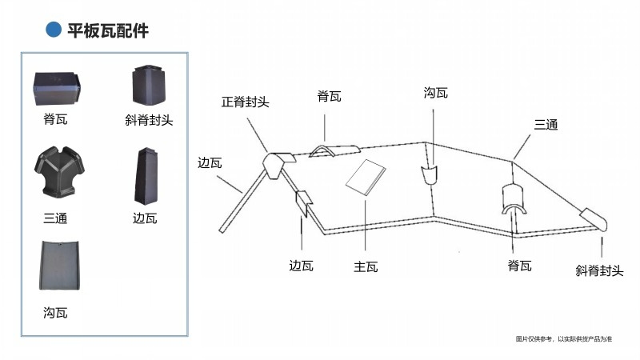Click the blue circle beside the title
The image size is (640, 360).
[54, 30]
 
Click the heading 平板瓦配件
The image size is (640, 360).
[108, 30]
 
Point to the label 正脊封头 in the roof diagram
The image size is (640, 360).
[246, 102]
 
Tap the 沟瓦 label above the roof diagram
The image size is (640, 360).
[436, 94]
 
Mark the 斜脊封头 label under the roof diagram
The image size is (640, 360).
[599, 271]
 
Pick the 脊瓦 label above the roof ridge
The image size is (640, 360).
[329, 98]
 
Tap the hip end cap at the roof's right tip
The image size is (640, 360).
[594, 218]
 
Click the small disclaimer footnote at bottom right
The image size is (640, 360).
[564, 340]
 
